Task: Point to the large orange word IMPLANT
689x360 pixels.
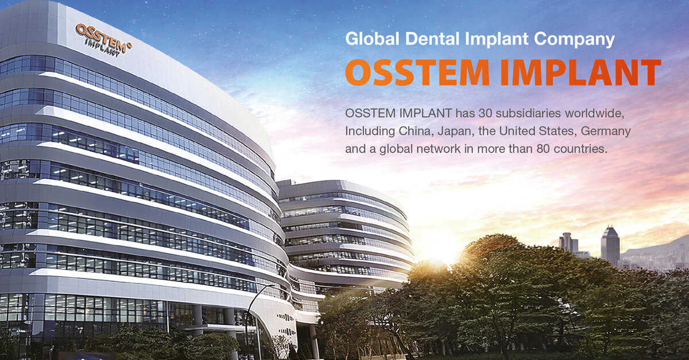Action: point(580,73)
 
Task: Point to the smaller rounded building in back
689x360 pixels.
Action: point(344,230)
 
